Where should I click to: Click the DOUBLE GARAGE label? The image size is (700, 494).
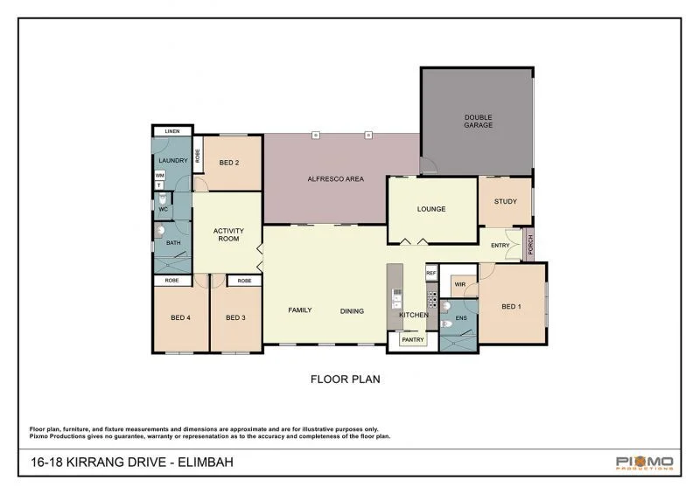478,121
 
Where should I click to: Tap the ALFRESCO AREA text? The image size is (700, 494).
335,179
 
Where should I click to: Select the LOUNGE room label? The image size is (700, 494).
431,209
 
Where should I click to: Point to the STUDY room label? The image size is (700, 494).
505,201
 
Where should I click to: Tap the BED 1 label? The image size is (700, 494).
511,306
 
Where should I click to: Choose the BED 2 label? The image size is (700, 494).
229,162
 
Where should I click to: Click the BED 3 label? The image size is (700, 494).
235,317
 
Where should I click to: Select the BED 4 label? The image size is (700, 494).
181,317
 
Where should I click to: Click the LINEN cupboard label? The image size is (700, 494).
172,131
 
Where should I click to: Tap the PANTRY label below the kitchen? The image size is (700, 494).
411,338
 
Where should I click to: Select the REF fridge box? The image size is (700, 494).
430,273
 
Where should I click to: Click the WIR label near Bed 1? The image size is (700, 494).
458,284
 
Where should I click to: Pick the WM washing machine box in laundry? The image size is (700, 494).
158,175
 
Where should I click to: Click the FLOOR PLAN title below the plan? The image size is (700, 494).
345,379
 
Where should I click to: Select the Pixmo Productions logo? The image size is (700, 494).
644,463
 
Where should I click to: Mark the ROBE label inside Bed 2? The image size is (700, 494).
198,157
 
